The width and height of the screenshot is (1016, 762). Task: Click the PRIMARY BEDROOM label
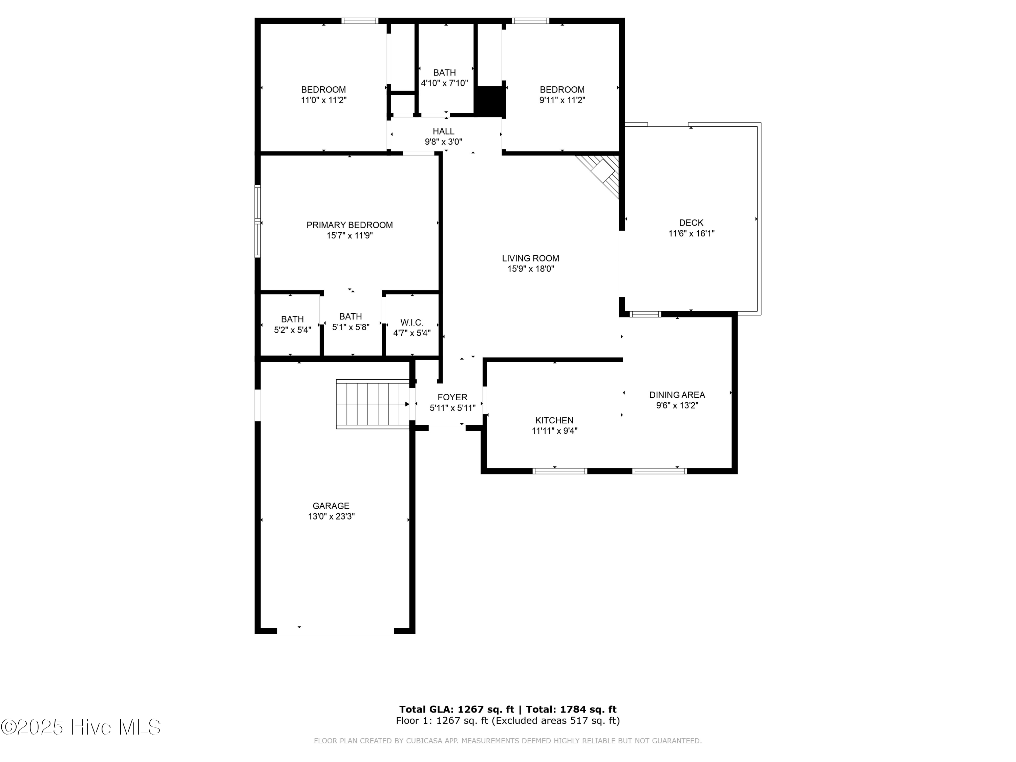tap(350, 225)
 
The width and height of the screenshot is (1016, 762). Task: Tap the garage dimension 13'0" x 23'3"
tap(331, 516)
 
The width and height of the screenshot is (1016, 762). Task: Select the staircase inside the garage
tap(373, 404)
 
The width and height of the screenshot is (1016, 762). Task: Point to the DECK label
tap(691, 223)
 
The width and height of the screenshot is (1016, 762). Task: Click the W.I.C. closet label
tap(411, 323)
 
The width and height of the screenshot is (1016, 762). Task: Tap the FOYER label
tap(452, 397)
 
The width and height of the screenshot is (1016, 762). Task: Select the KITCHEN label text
tap(554, 420)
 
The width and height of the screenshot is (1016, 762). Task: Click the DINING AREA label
tap(677, 395)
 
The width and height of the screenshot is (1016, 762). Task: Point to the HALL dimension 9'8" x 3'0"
tap(443, 142)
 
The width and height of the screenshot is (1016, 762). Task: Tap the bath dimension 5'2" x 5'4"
tap(293, 330)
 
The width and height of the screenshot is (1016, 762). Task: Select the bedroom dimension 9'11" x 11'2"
tap(562, 100)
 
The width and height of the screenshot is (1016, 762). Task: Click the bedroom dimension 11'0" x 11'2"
tap(323, 100)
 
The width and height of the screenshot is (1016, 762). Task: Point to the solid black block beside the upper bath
tap(490, 101)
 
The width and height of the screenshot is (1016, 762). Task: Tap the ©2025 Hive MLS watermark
tap(81, 727)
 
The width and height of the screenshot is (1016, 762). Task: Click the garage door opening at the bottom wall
tap(335, 631)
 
